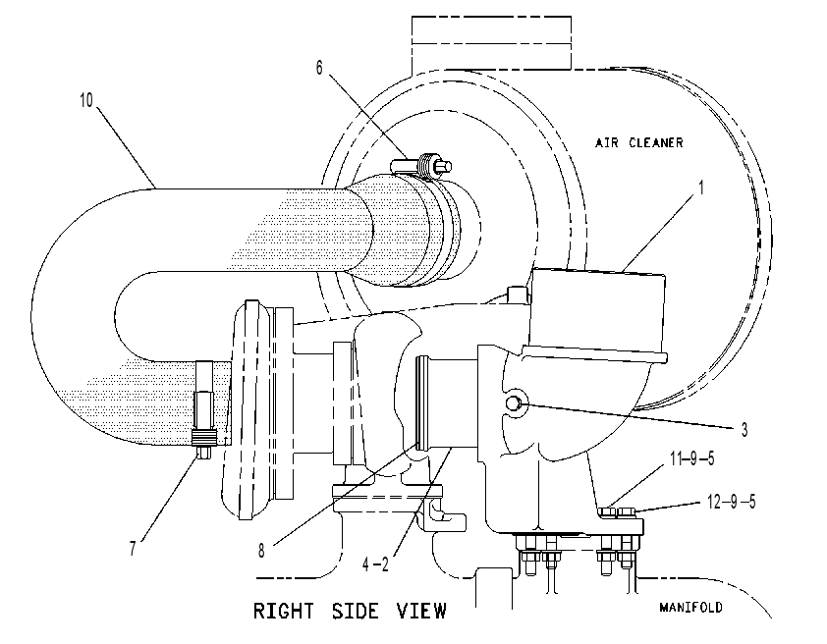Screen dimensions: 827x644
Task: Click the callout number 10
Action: (86, 99)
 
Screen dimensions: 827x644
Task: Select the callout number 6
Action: (319, 68)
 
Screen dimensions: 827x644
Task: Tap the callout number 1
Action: (701, 188)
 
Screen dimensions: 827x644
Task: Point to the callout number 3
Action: (744, 430)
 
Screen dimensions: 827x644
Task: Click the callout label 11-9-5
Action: (692, 458)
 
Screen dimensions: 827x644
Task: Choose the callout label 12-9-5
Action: (731, 502)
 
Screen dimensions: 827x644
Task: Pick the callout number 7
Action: (133, 549)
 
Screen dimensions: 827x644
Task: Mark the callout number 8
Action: (261, 552)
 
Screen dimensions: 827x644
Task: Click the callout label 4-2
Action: (375, 564)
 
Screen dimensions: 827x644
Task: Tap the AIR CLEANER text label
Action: (638, 142)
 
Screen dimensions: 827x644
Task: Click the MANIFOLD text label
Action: (690, 607)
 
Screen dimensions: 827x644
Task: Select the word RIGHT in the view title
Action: (283, 611)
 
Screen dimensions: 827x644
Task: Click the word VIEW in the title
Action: (421, 611)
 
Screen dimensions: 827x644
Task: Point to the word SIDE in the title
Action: (355, 611)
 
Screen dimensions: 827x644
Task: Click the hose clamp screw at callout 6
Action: (421, 166)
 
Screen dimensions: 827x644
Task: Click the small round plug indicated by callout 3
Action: (514, 403)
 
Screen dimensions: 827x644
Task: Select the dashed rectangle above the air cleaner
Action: (491, 42)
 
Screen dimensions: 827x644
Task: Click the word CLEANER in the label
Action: (656, 142)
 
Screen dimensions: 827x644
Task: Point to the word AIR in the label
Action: (607, 142)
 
